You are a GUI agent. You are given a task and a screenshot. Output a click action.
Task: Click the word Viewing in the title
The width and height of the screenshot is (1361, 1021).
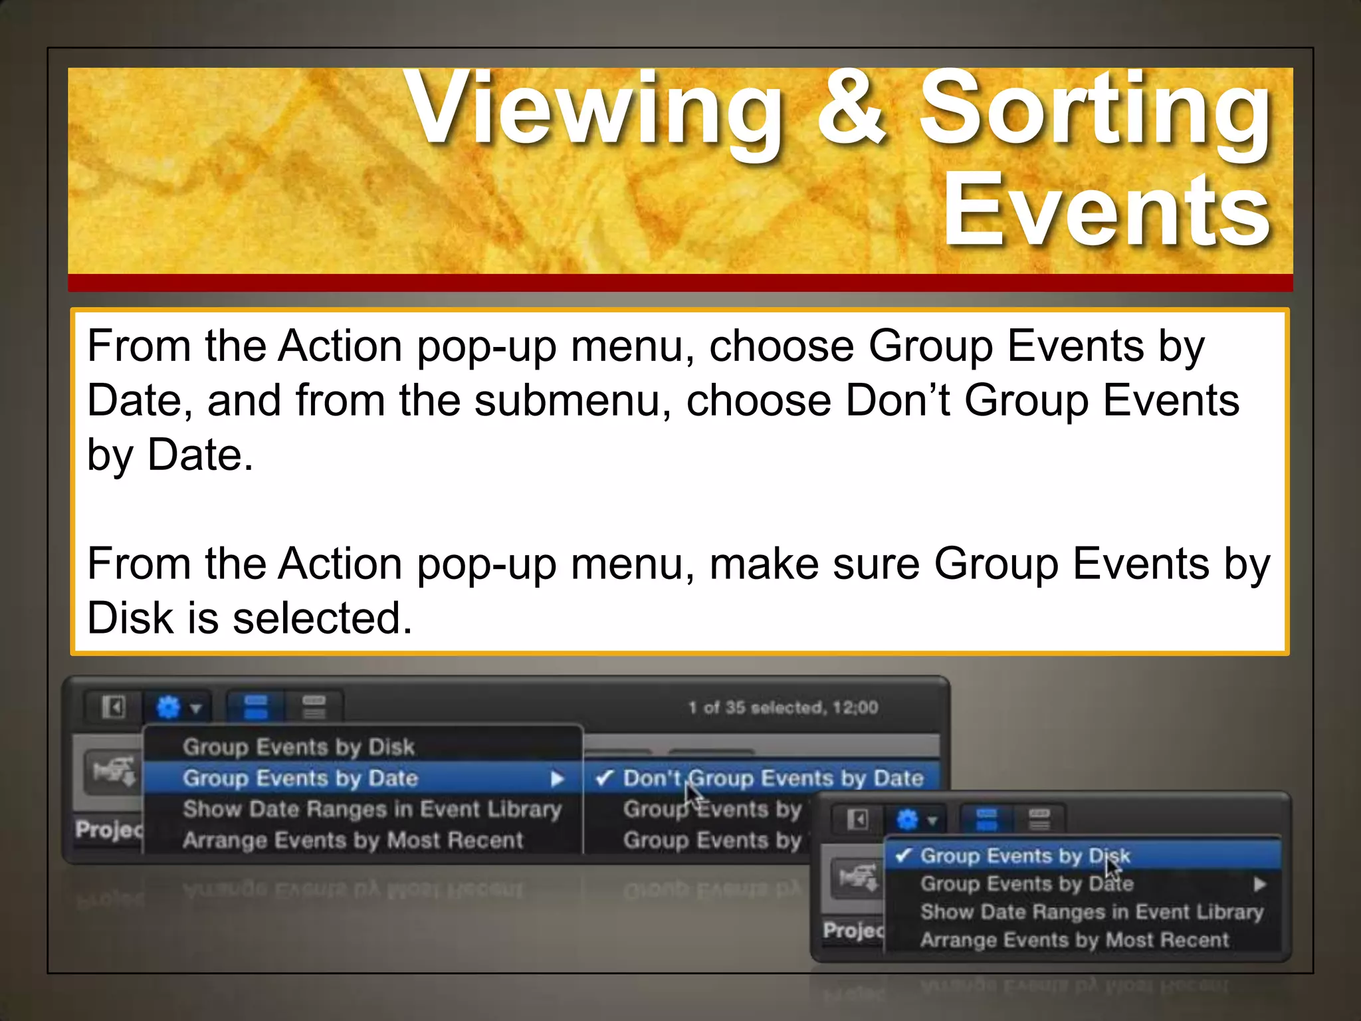tap(595, 110)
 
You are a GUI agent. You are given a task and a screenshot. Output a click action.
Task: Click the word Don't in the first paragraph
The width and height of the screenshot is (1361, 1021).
tap(898, 401)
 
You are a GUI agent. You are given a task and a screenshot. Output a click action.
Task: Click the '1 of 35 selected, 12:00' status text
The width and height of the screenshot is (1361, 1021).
tap(784, 707)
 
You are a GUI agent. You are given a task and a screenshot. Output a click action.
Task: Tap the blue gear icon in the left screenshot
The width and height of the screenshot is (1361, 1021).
tap(168, 707)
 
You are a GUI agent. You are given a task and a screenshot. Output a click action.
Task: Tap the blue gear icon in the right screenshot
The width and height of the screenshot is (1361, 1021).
tap(907, 820)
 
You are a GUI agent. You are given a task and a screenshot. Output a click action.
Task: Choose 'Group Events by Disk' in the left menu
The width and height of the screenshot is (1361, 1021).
tap(298, 747)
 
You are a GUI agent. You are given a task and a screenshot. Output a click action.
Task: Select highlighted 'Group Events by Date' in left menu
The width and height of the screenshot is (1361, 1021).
tap(300, 778)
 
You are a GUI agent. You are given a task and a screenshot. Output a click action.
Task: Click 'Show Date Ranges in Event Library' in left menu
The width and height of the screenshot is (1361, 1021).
tap(372, 809)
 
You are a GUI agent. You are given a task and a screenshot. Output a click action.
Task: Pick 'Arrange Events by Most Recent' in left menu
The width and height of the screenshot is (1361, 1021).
tap(353, 840)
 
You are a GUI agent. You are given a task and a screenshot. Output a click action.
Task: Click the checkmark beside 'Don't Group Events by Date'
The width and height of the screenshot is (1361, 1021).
tap(604, 778)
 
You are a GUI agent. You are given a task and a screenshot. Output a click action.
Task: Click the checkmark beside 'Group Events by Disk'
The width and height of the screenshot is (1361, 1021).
tap(902, 855)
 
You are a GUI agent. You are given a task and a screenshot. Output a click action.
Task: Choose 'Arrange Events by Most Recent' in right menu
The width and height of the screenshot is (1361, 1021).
tap(1075, 940)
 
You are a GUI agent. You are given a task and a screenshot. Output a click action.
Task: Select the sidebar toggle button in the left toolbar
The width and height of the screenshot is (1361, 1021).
tap(114, 707)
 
